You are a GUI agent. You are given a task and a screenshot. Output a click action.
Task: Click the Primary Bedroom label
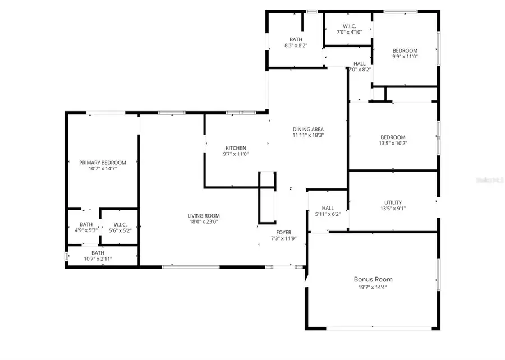click(x=103, y=163)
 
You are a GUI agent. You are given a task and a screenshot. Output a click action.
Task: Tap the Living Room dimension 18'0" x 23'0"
click(x=204, y=222)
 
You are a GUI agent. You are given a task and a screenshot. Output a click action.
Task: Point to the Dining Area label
click(x=308, y=129)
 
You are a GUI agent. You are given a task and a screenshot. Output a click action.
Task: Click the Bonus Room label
click(x=373, y=279)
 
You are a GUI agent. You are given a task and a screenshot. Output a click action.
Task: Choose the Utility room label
click(x=393, y=202)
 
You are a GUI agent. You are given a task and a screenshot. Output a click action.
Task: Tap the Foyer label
click(x=283, y=232)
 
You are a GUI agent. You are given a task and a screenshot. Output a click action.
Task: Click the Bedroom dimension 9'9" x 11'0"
click(x=405, y=57)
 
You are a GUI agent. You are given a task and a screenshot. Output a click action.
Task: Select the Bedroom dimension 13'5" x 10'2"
click(x=393, y=144)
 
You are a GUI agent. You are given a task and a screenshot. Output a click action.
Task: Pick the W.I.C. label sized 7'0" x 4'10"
click(x=349, y=33)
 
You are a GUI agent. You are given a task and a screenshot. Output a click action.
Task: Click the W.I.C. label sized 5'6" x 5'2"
click(x=119, y=230)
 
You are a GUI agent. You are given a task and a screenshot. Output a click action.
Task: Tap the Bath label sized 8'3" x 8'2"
click(x=296, y=39)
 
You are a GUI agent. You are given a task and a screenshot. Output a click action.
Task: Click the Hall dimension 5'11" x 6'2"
click(x=328, y=214)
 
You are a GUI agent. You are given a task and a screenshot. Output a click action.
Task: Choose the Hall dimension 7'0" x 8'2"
click(x=360, y=70)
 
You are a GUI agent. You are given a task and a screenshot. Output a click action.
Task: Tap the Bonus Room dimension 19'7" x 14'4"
click(x=373, y=288)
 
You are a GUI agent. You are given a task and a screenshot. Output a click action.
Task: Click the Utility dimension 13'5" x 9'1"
click(x=393, y=209)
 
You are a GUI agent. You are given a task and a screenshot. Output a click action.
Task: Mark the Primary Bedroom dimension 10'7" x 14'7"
click(x=103, y=169)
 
